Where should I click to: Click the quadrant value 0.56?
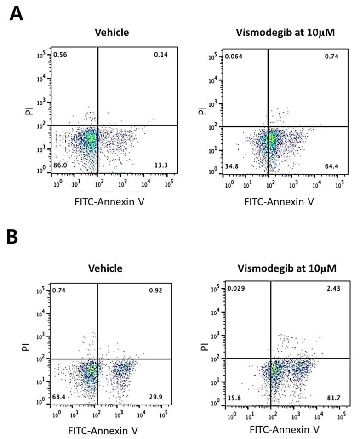tap(60, 55)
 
